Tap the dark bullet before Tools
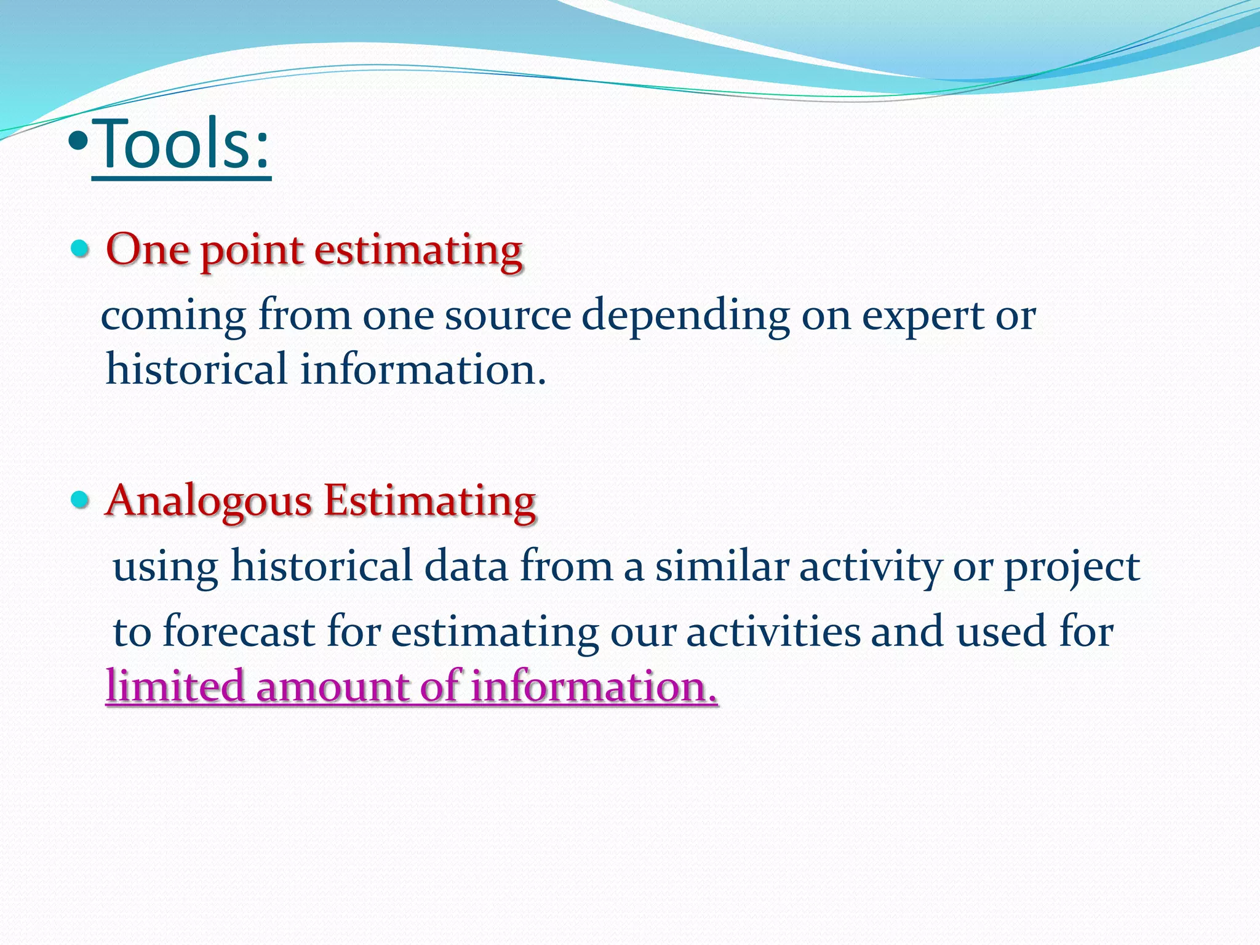click(79, 144)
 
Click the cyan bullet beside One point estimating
click(80, 249)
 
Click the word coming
click(173, 316)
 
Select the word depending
click(685, 316)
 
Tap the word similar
click(722, 566)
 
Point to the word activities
click(773, 632)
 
